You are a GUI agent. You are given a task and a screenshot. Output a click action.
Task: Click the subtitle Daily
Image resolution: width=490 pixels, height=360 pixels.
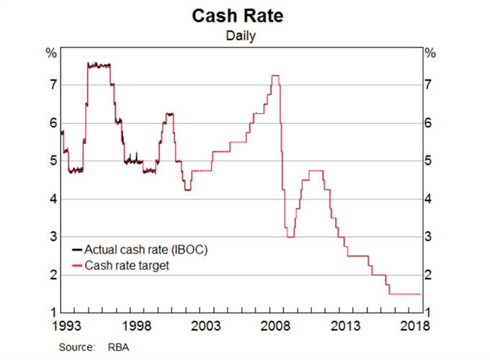(244, 34)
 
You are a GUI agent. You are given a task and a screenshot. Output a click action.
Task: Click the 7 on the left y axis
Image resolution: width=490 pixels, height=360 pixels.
(52, 85)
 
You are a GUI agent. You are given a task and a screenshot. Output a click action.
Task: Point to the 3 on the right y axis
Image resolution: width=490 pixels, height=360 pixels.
(430, 237)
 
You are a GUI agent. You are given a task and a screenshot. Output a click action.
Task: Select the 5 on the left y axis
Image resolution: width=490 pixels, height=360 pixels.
(52, 161)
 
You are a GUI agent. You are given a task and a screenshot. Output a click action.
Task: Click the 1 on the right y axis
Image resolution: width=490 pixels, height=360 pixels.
(430, 312)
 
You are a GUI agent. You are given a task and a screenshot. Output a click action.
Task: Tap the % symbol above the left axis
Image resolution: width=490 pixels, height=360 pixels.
(51, 53)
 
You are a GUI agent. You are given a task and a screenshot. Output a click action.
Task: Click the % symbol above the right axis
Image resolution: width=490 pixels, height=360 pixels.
(431, 53)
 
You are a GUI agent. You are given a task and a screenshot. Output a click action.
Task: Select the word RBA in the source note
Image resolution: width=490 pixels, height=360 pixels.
(113, 347)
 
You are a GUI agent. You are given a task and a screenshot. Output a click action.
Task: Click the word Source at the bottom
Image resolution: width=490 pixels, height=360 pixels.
(76, 347)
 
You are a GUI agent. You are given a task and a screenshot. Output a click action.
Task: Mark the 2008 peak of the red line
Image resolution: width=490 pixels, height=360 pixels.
(275, 76)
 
